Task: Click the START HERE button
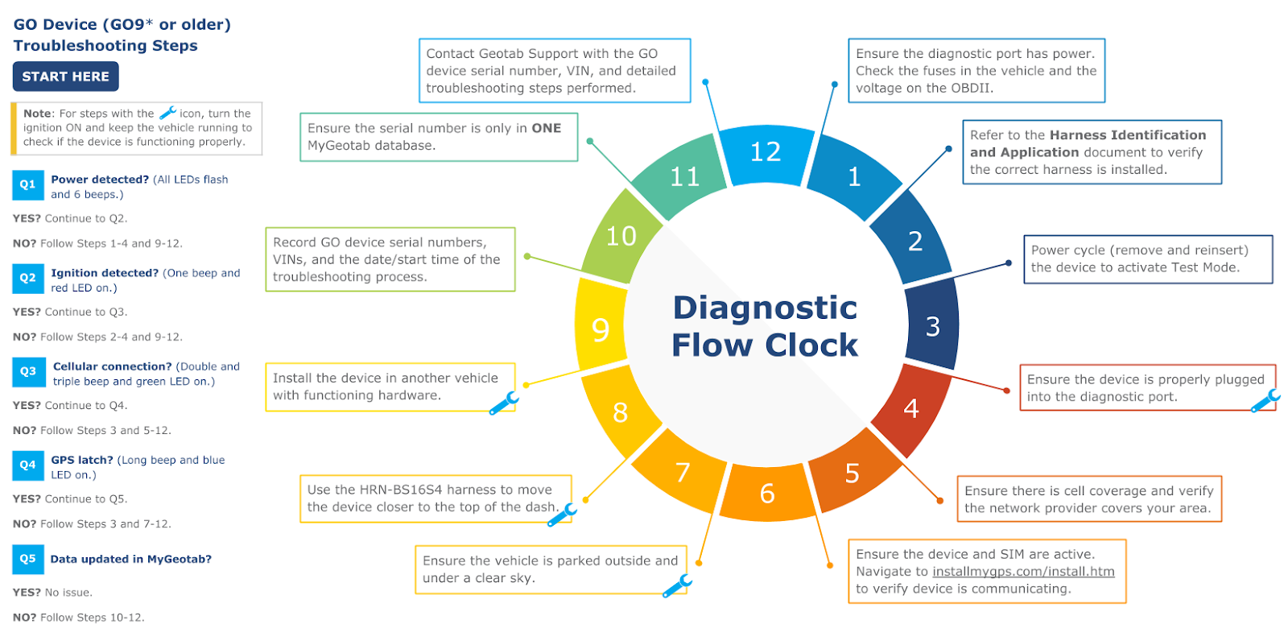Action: tap(65, 77)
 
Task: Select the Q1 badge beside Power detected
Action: tap(28, 184)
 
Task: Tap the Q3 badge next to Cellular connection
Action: tap(28, 371)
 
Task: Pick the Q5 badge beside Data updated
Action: tap(28, 559)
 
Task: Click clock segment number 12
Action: tap(765, 153)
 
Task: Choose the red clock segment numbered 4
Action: tap(911, 409)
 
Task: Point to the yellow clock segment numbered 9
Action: tap(601, 329)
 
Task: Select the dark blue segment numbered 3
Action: tap(932, 327)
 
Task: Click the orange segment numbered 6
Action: tap(767, 493)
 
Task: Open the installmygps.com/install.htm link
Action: tap(1023, 572)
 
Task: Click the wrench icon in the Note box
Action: tap(167, 113)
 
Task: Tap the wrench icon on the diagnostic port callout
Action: tap(1265, 400)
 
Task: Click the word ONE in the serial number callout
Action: tap(546, 128)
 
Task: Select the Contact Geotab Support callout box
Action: tap(555, 71)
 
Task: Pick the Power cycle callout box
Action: tap(1147, 259)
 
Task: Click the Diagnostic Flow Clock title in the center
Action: tap(765, 326)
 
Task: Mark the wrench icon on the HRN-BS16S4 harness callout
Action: tap(562, 515)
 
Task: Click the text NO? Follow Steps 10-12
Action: tap(79, 618)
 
